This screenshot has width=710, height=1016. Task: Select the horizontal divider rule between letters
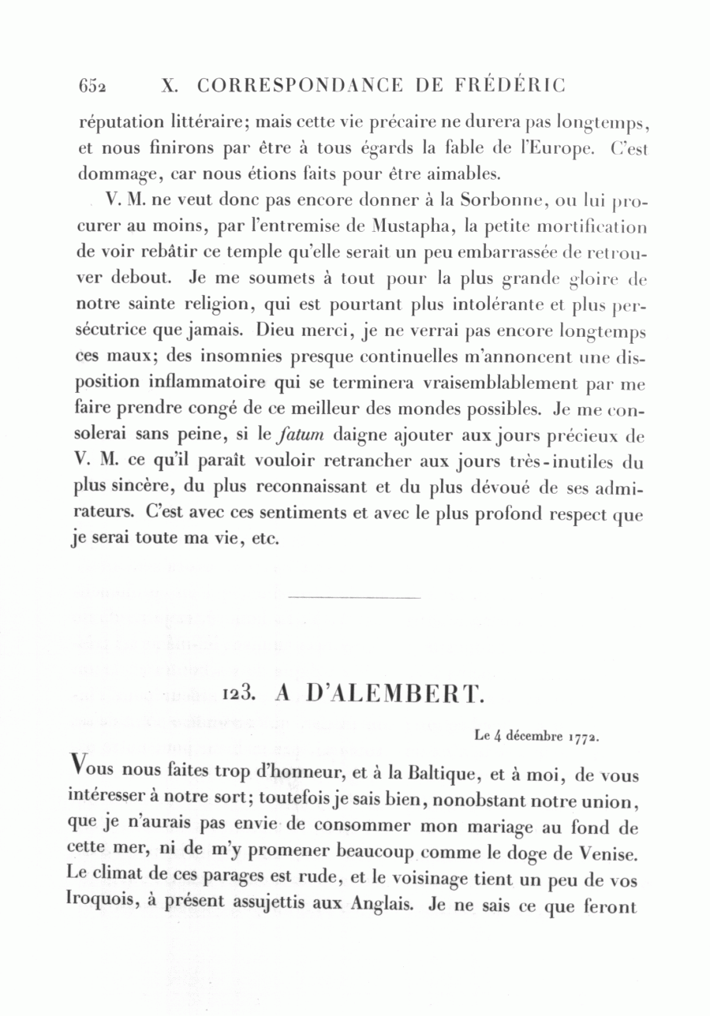tap(355, 597)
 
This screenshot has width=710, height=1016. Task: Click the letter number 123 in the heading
tap(237, 693)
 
